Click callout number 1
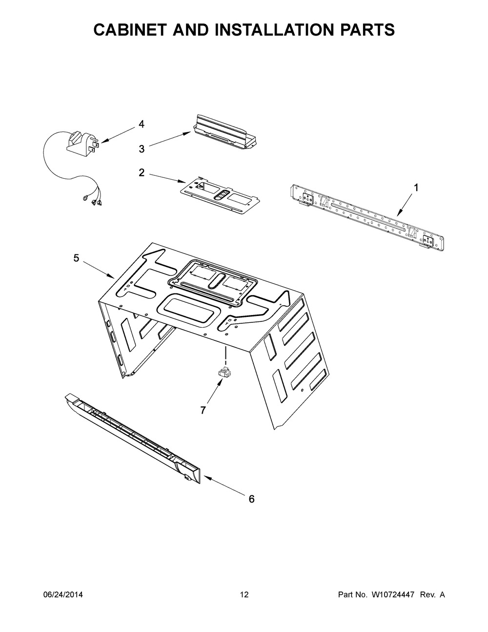[x=416, y=187]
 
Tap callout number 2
[x=142, y=172]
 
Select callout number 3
[x=142, y=149]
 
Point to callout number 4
[x=142, y=124]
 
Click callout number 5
[x=76, y=258]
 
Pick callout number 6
[x=252, y=499]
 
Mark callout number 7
[x=203, y=410]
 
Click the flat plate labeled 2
[x=218, y=194]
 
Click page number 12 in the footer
[x=244, y=595]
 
